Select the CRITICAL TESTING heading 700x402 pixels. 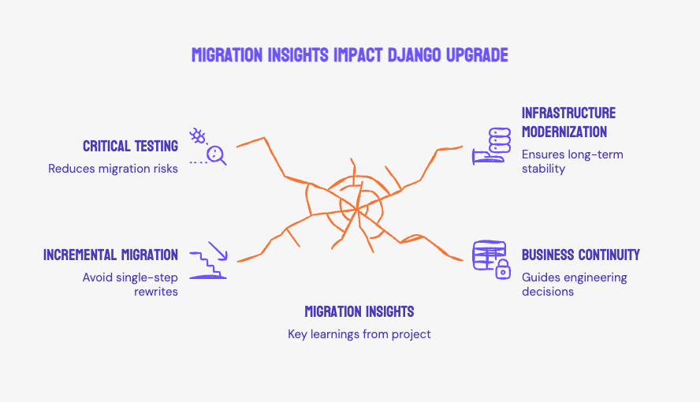[130, 146]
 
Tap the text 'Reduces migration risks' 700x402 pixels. [113, 169]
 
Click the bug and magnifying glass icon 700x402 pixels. [208, 146]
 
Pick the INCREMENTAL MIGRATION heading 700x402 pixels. [110, 255]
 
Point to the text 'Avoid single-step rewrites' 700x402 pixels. [130, 285]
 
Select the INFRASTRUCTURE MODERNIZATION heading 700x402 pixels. [568, 122]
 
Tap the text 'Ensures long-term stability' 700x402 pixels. [572, 161]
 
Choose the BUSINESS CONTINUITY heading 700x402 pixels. [580, 255]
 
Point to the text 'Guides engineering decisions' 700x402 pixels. [574, 285]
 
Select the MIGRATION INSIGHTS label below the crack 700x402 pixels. [359, 311]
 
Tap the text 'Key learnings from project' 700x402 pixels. [359, 334]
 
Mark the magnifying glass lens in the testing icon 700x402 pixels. [215, 154]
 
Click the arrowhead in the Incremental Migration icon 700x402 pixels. [222, 256]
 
